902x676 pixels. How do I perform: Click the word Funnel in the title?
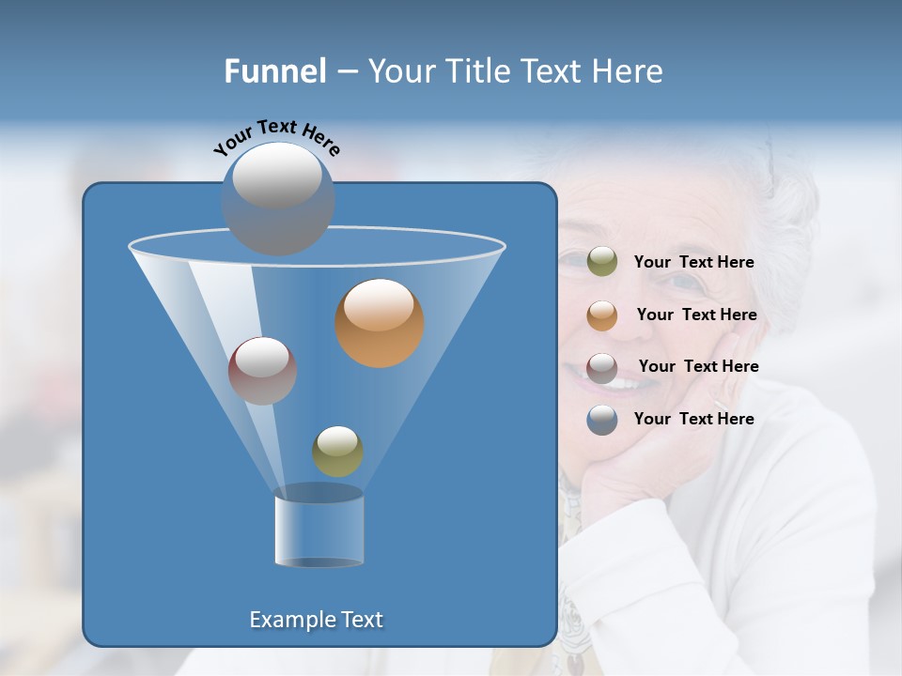pos(275,71)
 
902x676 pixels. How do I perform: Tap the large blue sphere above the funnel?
pos(277,198)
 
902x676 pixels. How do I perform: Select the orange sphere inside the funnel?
pos(380,323)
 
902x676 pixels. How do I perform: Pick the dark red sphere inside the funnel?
pos(262,371)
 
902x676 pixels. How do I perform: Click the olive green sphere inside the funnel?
pos(337,452)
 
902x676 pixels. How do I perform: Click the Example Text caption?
pos(317,620)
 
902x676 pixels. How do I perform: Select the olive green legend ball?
pos(602,262)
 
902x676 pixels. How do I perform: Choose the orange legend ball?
pos(602,315)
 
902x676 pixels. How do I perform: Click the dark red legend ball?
pos(602,367)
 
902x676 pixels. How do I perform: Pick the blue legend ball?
pos(602,420)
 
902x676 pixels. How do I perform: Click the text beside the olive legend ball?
pos(693,263)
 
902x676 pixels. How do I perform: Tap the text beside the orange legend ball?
pos(696,315)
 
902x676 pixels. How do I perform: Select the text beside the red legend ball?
pos(698,367)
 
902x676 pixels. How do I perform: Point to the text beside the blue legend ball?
pos(693,420)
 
